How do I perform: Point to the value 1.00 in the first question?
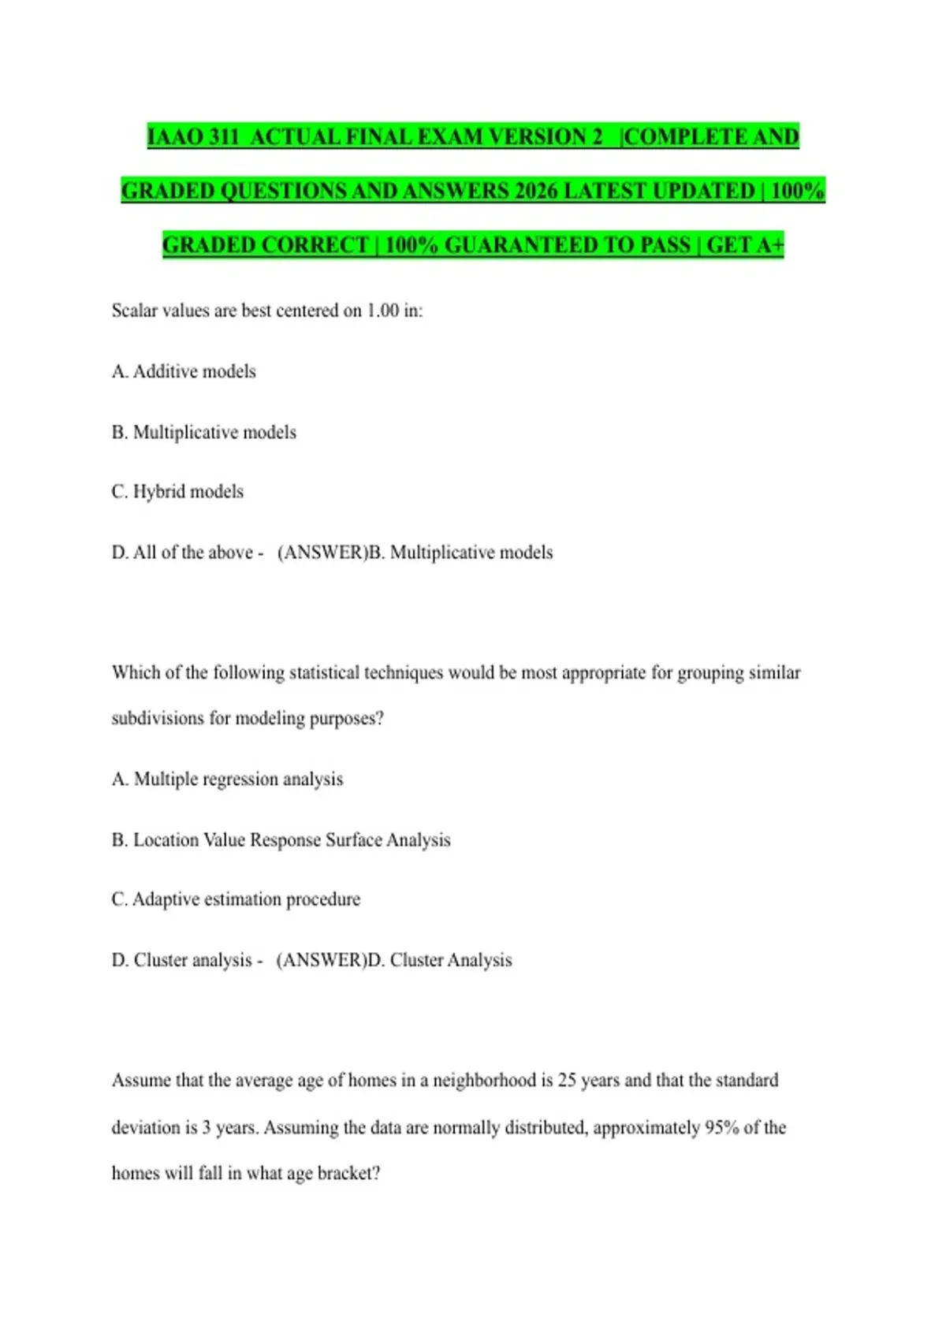click(x=382, y=311)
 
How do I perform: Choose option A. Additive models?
click(x=184, y=371)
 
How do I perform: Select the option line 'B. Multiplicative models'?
click(x=204, y=432)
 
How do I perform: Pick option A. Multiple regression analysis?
click(x=227, y=779)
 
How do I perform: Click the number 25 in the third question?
click(x=567, y=1081)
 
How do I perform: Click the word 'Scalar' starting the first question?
click(x=134, y=311)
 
